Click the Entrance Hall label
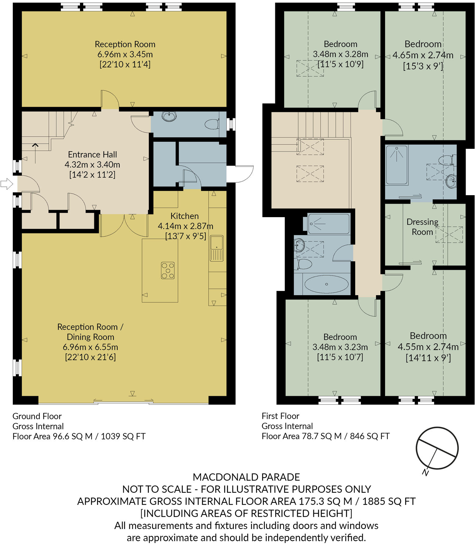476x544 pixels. tap(92, 155)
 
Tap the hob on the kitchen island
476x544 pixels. tap(168, 270)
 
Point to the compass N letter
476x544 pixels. tap(425, 472)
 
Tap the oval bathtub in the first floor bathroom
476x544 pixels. tap(326, 284)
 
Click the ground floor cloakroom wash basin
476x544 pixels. tap(169, 116)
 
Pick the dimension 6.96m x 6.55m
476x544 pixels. tap(90, 347)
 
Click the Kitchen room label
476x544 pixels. tap(184, 216)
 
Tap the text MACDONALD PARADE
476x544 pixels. tap(246, 477)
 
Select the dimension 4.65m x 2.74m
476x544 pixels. tap(423, 55)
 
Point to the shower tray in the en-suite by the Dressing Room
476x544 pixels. tap(397, 165)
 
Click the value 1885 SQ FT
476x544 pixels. tap(389, 501)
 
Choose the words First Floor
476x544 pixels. tap(280, 416)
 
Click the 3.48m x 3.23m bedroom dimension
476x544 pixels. tap(340, 347)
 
